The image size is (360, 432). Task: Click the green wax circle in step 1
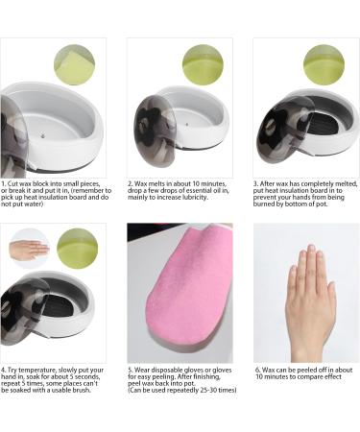tap(74, 65)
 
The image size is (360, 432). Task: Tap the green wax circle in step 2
tap(203, 65)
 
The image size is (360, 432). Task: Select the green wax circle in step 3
tap(324, 65)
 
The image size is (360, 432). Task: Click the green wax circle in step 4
tap(78, 249)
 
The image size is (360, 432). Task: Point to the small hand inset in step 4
tap(29, 249)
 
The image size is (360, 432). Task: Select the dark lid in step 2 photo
tap(156, 127)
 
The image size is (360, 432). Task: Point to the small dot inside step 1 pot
tap(42, 135)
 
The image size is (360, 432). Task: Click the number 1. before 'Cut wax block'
tap(3, 184)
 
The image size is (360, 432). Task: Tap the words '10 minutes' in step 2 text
tap(209, 184)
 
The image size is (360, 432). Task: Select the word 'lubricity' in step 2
tap(193, 198)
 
